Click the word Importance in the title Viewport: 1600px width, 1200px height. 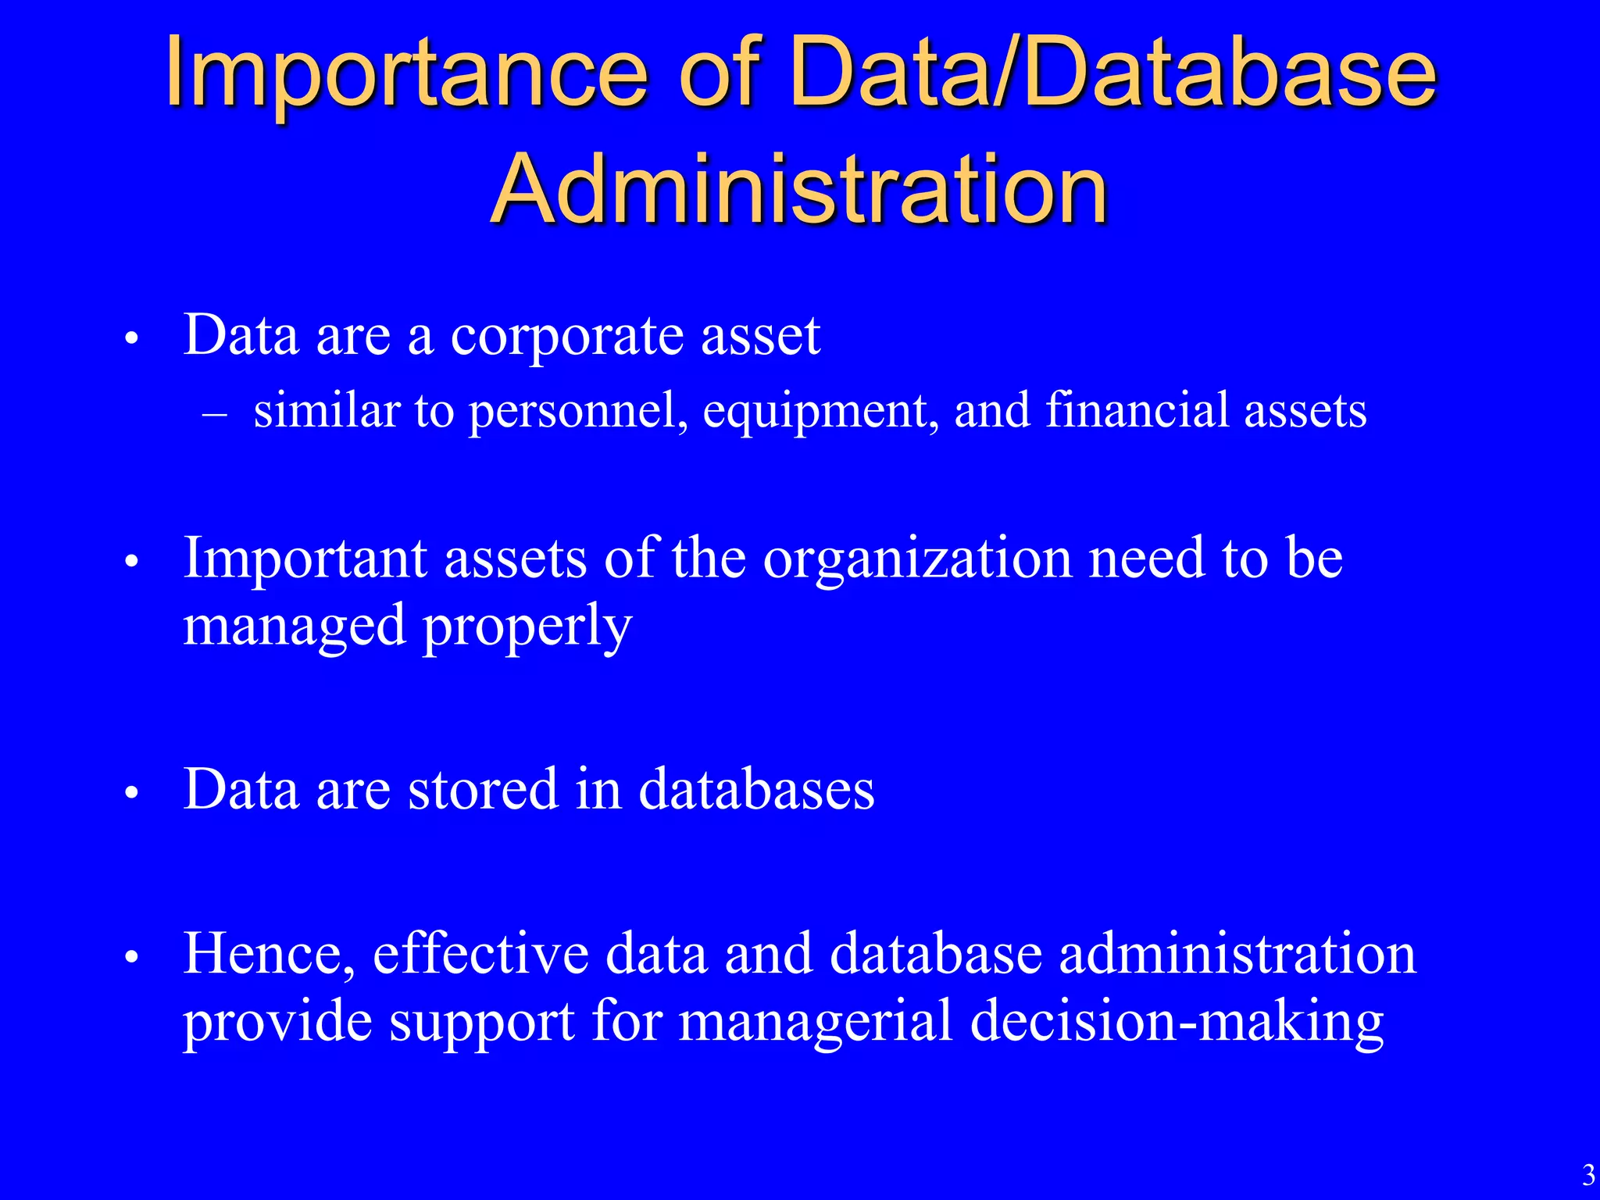pyautogui.click(x=406, y=74)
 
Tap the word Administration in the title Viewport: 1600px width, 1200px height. pyautogui.click(x=799, y=189)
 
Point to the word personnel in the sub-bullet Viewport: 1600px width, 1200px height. pyautogui.click(x=578, y=412)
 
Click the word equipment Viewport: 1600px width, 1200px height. pyautogui.click(x=820, y=412)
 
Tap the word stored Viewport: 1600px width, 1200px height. pyautogui.click(x=483, y=789)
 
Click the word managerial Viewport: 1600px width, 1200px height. pyautogui.click(x=815, y=1022)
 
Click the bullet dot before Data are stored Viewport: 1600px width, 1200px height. pyautogui.click(x=131, y=792)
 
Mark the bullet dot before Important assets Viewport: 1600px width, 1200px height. pyautogui.click(x=131, y=562)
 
